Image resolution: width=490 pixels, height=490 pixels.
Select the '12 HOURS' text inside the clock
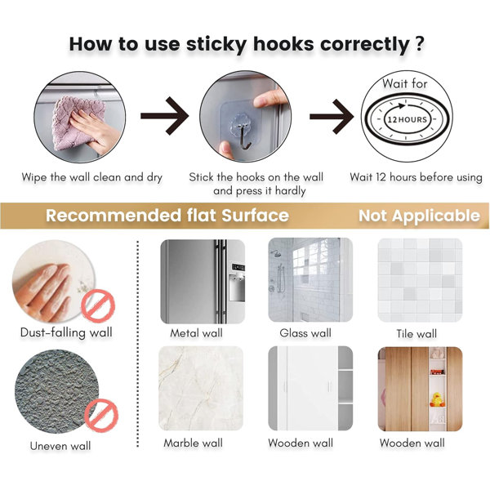click(x=407, y=120)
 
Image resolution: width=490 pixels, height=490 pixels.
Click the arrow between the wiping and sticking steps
click(x=164, y=116)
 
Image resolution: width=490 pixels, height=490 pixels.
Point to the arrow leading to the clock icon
click(x=332, y=116)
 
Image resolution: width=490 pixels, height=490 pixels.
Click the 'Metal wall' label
click(x=196, y=333)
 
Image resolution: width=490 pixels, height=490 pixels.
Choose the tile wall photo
click(x=420, y=280)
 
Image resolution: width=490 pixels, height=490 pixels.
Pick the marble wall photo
click(x=201, y=389)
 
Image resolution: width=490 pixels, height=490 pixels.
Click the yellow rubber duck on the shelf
click(x=438, y=399)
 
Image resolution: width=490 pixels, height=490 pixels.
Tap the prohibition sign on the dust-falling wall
click(x=98, y=306)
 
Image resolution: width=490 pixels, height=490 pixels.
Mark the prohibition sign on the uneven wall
click(x=102, y=415)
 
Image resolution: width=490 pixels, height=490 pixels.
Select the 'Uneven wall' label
click(x=60, y=446)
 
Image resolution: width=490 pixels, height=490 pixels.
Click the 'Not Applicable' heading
click(x=419, y=216)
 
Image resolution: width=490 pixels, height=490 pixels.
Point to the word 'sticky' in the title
click(x=217, y=44)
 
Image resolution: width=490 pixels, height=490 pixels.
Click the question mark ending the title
click(x=420, y=43)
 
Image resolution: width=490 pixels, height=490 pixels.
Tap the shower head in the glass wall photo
click(x=276, y=253)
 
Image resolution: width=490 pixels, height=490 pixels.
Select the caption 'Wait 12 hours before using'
click(x=416, y=177)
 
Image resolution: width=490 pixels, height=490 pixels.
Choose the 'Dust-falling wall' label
click(x=66, y=332)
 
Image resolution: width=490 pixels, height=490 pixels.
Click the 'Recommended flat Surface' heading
click(x=167, y=216)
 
